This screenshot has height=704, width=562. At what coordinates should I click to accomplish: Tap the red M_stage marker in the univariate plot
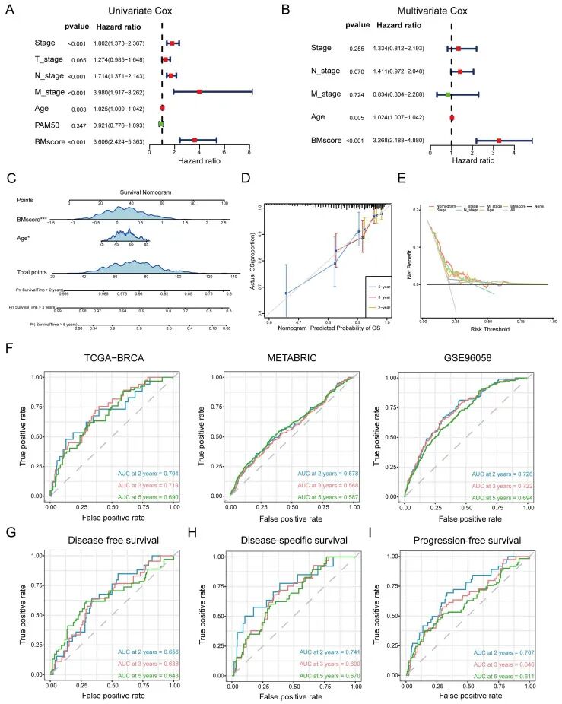coord(199,92)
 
